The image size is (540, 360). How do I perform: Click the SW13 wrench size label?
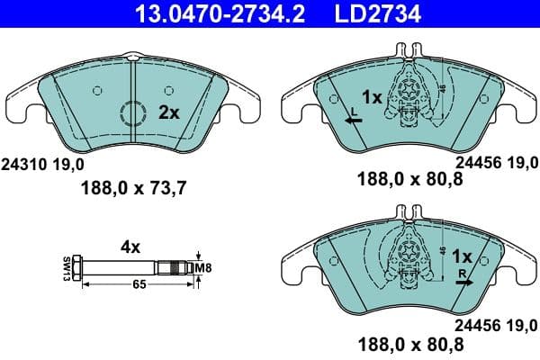[67, 267]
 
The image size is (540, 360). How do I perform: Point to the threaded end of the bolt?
[176, 266]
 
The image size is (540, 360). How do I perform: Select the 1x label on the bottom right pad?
[463, 256]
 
